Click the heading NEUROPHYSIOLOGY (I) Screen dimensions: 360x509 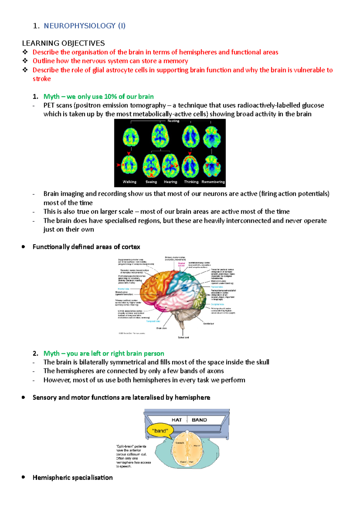85,26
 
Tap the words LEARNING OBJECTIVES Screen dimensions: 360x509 63,43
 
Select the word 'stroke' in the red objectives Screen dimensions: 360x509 42,79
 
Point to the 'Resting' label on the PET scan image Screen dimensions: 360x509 173,121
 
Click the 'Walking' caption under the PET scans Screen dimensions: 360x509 129,182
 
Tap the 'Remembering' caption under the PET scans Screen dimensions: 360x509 213,182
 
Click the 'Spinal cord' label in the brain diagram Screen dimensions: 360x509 183,338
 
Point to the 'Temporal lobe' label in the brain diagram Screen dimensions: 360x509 153,321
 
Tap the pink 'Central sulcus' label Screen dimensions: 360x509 181,264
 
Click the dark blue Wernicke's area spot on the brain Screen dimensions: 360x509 185,288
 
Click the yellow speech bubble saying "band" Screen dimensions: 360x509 160,431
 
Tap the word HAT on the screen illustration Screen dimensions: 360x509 177,420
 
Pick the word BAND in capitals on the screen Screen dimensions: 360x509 199,420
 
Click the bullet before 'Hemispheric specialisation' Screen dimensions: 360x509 23,477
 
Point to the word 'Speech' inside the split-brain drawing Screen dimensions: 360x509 180,443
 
